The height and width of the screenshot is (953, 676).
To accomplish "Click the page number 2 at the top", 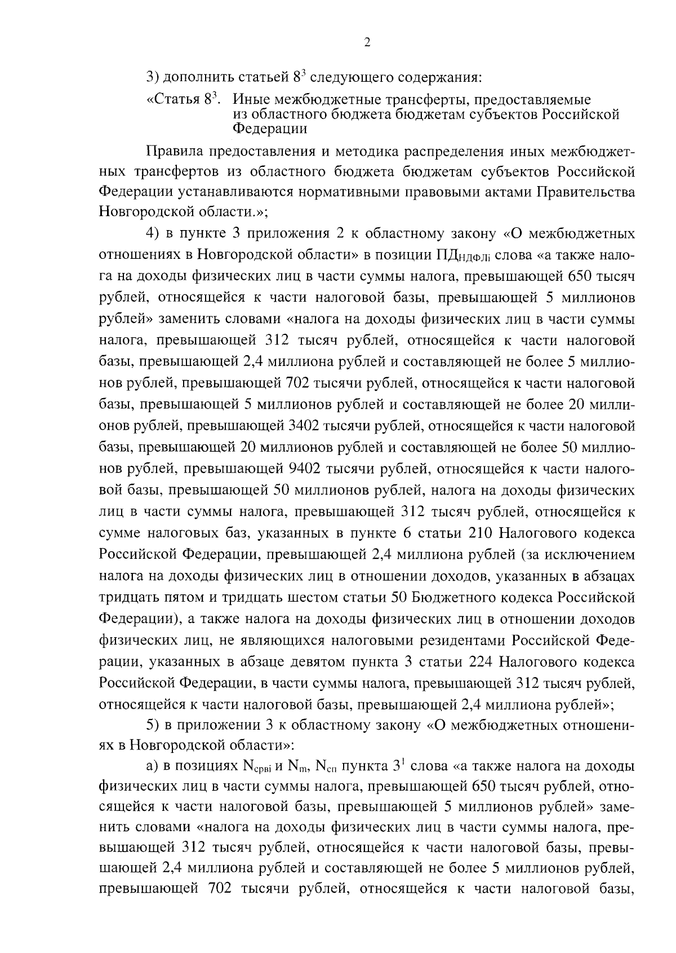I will pos(367,43).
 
